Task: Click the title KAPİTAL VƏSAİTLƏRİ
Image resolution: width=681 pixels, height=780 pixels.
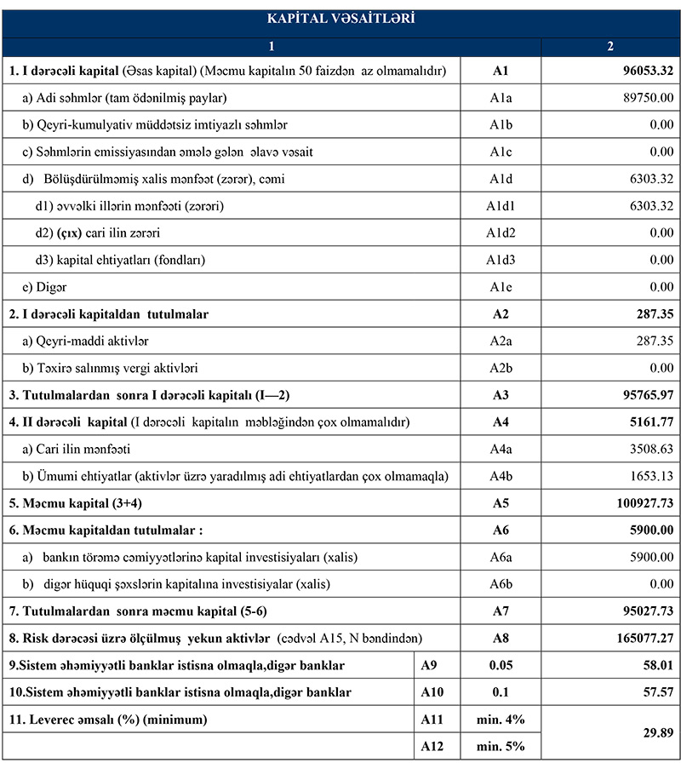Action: (340, 18)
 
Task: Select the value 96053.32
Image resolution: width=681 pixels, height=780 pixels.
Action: (638, 71)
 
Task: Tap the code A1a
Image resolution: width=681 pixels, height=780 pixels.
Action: (500, 98)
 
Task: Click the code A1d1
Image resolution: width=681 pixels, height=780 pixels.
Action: (500, 206)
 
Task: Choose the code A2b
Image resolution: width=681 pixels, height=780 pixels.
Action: (500, 369)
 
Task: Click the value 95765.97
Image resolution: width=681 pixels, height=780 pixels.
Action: (638, 396)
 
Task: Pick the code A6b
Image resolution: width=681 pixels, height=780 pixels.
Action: (500, 585)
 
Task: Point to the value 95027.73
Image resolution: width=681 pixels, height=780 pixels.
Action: (638, 612)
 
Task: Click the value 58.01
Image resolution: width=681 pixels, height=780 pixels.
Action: (651, 666)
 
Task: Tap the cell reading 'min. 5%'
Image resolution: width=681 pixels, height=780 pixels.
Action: (501, 747)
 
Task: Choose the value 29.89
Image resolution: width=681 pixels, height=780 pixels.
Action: (651, 733)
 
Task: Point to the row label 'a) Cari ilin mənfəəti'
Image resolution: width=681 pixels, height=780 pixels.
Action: (76, 450)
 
